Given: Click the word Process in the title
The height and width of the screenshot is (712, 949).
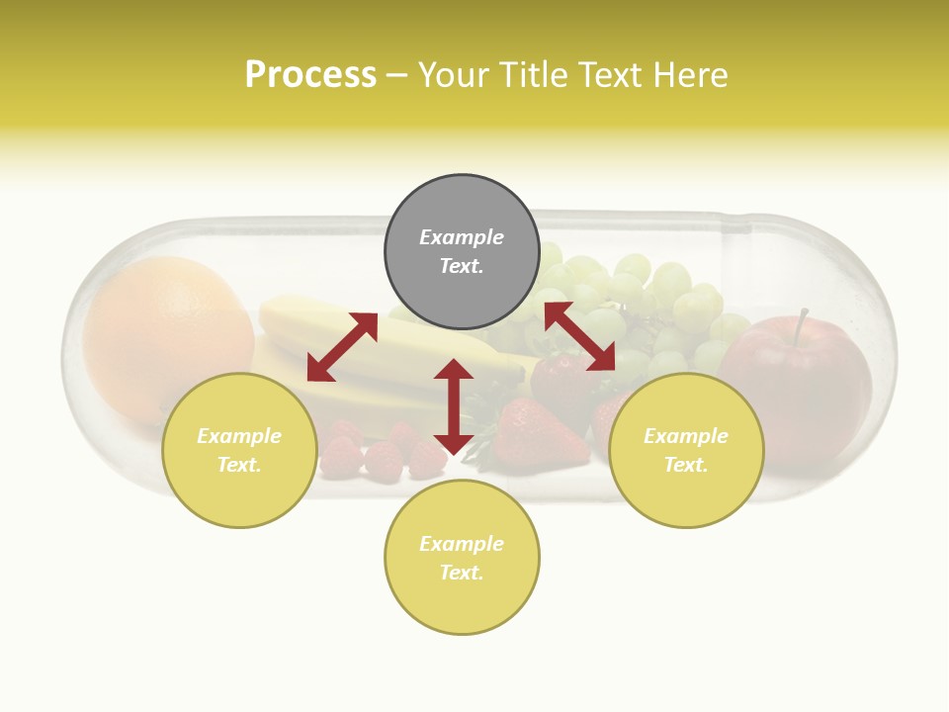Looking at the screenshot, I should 310,75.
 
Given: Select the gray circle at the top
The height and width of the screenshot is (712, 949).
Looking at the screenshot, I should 462,252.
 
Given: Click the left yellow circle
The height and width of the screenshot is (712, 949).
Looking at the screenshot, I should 239,450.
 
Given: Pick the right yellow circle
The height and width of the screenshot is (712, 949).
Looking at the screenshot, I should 686,450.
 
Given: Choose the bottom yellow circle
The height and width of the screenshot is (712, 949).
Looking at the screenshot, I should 462,558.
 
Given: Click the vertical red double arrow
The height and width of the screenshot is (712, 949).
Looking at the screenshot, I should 454,406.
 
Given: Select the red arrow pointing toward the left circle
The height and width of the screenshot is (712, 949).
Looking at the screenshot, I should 342,347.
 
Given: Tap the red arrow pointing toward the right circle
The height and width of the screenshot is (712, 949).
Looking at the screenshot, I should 579,337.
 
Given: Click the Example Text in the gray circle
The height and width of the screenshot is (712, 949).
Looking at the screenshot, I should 462,252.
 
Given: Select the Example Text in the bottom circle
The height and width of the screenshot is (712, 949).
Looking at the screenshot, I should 462,558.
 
